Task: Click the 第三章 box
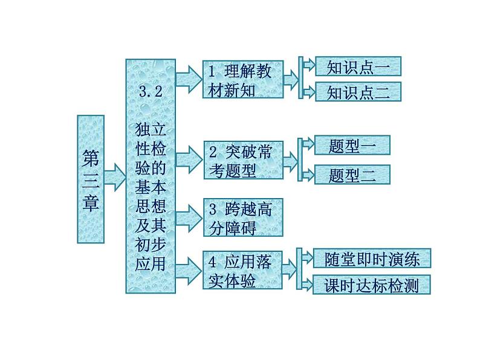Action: pos(91,179)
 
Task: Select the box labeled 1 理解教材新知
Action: pos(243,79)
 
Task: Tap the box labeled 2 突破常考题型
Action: pos(243,161)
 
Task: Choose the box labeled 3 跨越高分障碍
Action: pos(243,218)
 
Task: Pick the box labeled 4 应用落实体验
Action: pos(243,271)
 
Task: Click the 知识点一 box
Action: pos(358,66)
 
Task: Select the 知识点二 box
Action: pos(358,92)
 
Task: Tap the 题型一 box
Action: pos(352,146)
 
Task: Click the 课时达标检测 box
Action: pos(371,284)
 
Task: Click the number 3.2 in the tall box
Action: pos(151,92)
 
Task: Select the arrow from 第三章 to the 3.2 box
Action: pos(115,176)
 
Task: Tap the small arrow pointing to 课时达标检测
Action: pos(305,283)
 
